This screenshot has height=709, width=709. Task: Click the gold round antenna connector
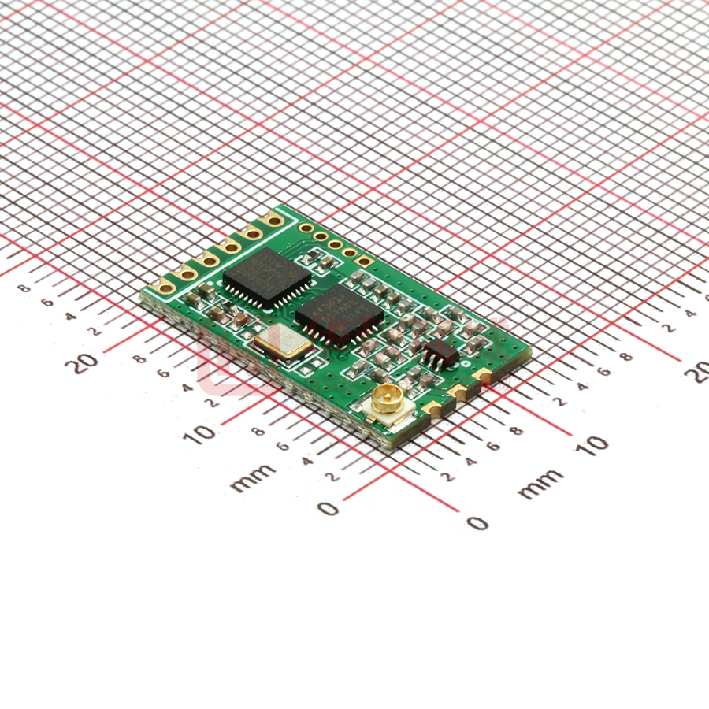(x=387, y=399)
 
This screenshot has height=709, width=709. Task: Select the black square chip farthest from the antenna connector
(x=267, y=277)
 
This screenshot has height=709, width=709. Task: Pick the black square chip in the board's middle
(x=340, y=314)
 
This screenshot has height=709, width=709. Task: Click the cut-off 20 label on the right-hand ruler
(x=698, y=371)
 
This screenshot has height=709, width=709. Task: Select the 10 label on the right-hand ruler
(x=592, y=444)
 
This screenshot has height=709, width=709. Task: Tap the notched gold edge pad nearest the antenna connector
(x=434, y=406)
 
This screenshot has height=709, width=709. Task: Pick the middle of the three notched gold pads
(x=458, y=390)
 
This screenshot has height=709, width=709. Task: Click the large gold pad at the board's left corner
(x=165, y=286)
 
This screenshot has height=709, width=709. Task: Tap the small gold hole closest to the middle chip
(x=363, y=260)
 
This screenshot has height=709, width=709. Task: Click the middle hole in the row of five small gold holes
(x=335, y=244)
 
